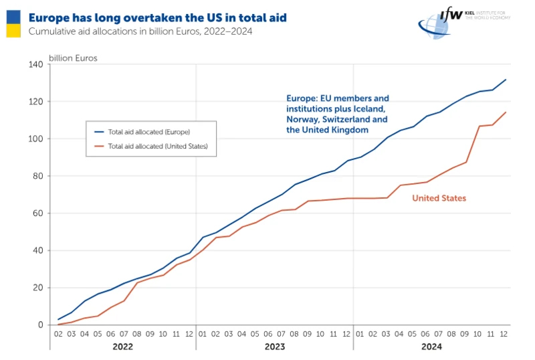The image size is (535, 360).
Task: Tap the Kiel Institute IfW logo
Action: [463, 21]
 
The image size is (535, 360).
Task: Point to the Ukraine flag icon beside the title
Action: [12, 23]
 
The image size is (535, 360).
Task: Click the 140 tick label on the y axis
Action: [35, 64]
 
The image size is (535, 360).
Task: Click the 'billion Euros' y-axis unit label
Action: [72, 58]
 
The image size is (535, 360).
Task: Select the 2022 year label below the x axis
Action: [122, 347]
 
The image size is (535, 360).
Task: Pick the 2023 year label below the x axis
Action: [274, 347]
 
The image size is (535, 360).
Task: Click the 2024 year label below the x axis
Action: [431, 347]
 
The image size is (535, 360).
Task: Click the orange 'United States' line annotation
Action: [439, 198]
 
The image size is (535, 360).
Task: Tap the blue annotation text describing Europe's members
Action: [338, 114]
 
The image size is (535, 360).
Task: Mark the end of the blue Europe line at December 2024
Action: [506, 80]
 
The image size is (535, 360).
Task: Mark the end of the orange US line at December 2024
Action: [506, 112]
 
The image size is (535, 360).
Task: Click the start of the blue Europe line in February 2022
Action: [59, 319]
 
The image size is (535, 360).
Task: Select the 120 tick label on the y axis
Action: [35, 102]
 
